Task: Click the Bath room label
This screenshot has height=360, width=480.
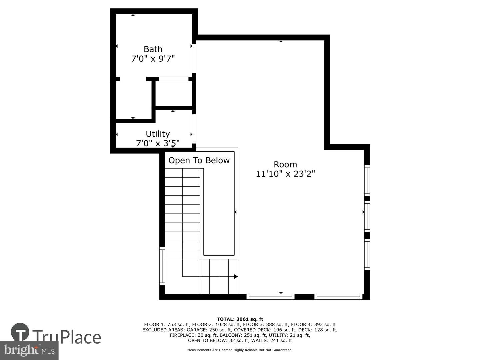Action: click(153, 49)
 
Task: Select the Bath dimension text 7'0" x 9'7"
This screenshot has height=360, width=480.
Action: click(153, 59)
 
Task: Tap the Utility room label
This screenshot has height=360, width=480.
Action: click(158, 134)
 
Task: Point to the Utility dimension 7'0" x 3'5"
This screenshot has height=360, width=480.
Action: click(158, 143)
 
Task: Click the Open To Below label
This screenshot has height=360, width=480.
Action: click(199, 160)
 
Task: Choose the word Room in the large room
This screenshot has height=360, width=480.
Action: click(285, 164)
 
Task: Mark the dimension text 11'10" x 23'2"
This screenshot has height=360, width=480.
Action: click(285, 174)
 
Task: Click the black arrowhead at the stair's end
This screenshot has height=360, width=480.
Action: click(236, 277)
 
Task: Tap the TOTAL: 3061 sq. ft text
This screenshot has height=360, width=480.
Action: click(240, 319)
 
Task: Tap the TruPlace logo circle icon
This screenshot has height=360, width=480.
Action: click(20, 332)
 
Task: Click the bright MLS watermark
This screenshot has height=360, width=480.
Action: click(29, 350)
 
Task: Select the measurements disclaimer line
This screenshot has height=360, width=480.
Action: click(240, 350)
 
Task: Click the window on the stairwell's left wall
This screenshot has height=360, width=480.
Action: click(162, 266)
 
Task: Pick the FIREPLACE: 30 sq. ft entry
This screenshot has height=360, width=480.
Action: click(194, 335)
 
